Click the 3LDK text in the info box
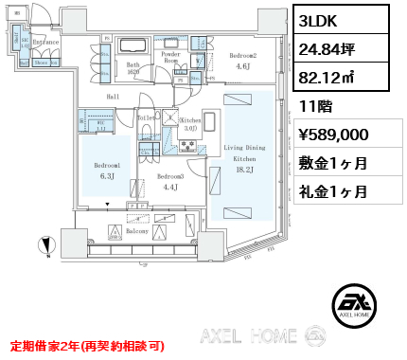click(x=320, y=21)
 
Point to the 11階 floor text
click(x=313, y=107)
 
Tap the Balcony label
click(x=137, y=230)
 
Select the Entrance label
click(x=46, y=43)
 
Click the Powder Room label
click(x=171, y=59)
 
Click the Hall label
click(x=113, y=97)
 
